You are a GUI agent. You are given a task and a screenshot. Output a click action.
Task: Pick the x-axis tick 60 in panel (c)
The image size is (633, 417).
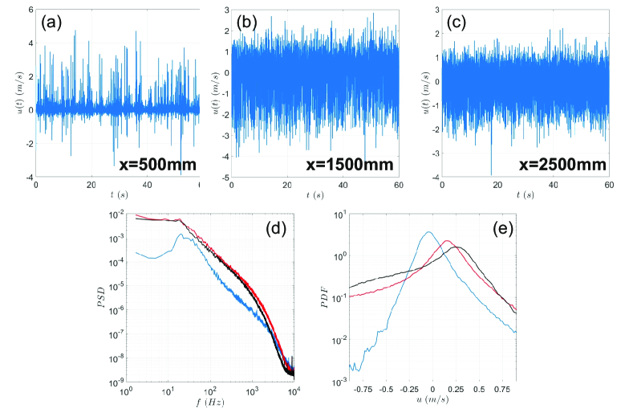point(609,186)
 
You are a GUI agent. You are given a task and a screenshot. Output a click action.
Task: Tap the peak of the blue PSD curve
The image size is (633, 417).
point(183,235)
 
